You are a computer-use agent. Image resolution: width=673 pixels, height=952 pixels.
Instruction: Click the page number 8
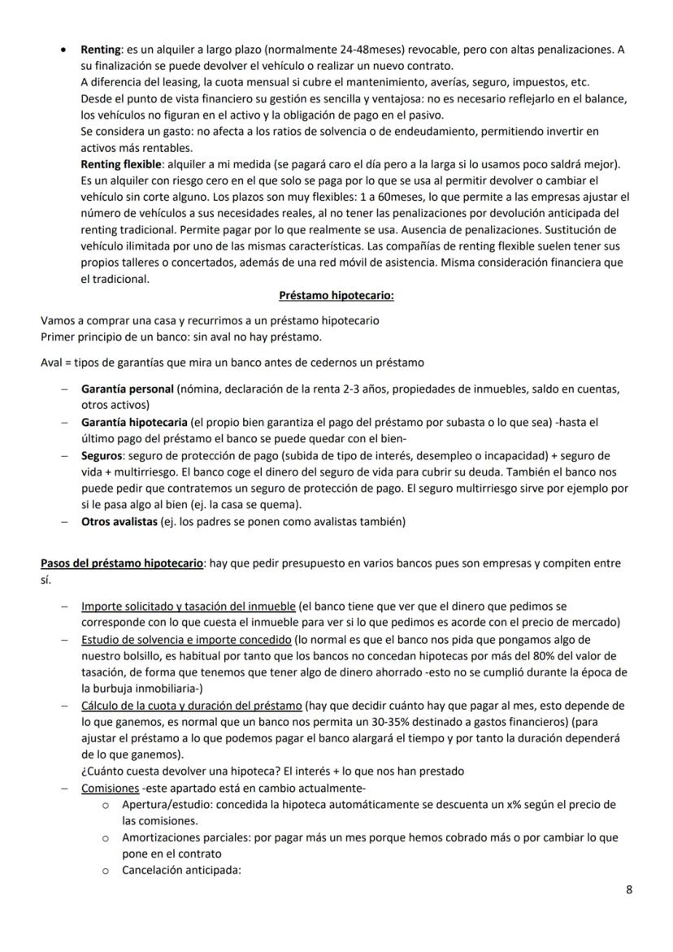click(629, 889)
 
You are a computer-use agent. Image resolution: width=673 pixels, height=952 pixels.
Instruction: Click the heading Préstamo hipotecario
click(336, 296)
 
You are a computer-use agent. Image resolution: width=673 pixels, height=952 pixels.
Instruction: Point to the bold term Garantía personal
click(127, 389)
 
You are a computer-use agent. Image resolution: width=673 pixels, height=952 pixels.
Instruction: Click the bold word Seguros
click(102, 456)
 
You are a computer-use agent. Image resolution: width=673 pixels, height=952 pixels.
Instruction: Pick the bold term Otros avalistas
click(119, 522)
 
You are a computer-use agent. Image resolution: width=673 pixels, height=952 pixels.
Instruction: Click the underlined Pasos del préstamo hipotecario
click(122, 563)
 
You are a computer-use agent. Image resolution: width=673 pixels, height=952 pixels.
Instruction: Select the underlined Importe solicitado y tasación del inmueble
click(188, 606)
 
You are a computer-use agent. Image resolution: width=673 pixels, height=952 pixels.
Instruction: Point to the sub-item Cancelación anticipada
click(181, 869)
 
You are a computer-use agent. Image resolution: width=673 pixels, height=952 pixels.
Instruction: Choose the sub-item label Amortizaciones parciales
click(185, 837)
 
